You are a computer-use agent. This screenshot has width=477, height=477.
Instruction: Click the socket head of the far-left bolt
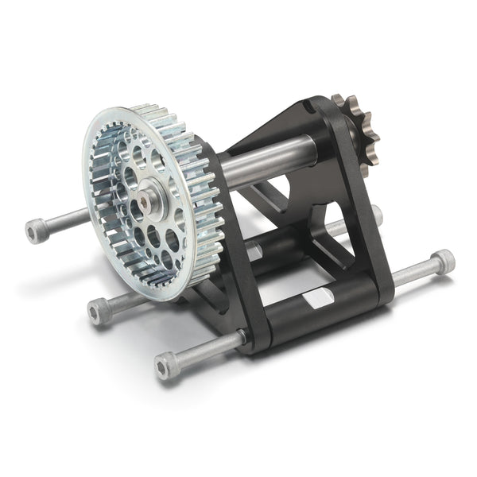[36, 231]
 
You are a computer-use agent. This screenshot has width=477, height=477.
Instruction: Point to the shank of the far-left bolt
[64, 222]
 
